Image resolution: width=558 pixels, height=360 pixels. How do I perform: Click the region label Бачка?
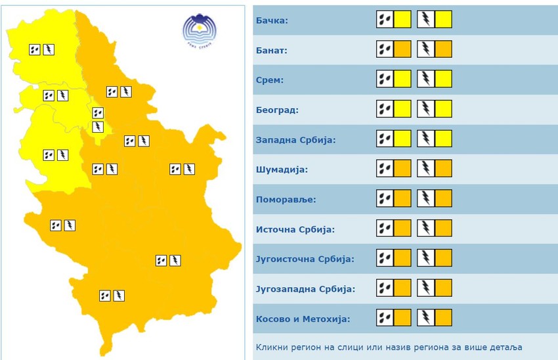point(271,20)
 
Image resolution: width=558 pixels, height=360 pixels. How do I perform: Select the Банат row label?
point(271,50)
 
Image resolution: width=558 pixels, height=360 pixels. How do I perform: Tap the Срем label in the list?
point(269,80)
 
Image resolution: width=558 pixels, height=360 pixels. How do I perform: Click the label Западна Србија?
point(295,140)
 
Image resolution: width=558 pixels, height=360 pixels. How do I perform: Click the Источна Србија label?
point(294,229)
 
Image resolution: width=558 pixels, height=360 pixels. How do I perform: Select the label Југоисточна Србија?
point(304,259)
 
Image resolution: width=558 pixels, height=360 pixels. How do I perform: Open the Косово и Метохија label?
point(302,319)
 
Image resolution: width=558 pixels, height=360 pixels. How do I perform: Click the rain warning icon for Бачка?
point(385,20)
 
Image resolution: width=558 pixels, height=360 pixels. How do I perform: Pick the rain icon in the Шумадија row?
point(385,169)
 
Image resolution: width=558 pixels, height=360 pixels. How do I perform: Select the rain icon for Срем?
point(385,79)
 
